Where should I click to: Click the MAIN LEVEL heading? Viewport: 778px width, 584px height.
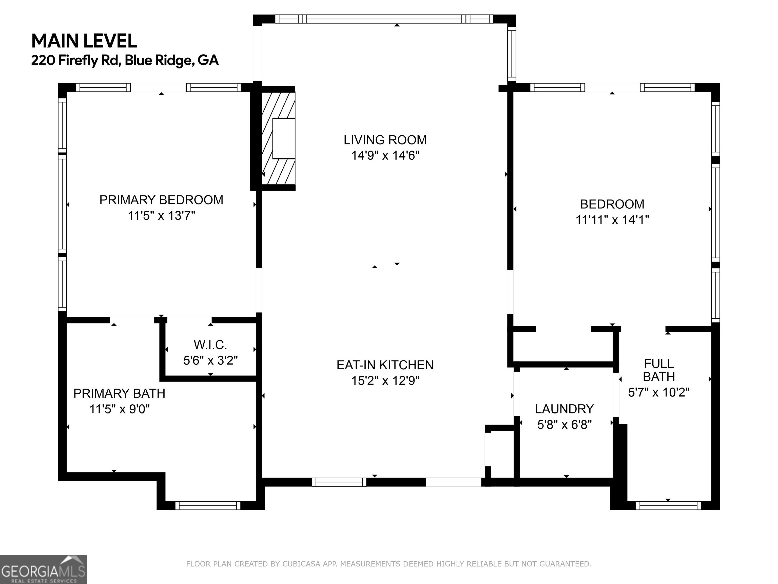pos(84,41)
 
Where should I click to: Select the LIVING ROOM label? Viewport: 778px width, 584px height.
pos(385,140)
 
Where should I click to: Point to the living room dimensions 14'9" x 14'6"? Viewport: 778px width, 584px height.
pos(385,155)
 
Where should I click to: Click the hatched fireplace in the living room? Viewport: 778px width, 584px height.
pos(278,138)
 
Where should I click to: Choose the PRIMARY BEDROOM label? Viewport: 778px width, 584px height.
pos(161,200)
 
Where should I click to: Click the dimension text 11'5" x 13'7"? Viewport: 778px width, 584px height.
pos(161,215)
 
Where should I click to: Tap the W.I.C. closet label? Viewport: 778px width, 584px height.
pos(210,345)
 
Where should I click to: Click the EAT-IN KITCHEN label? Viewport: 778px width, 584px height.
pos(385,365)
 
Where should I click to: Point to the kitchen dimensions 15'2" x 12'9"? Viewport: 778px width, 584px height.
pos(385,380)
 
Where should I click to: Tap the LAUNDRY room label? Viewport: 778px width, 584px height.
pos(565,409)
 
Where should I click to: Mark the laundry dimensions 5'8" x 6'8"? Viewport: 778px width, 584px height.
pos(565,425)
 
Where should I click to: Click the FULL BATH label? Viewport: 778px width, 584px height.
pos(659,370)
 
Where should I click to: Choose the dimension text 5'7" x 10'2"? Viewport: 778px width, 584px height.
pos(659,392)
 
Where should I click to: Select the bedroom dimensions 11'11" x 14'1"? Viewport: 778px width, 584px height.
pos(612,220)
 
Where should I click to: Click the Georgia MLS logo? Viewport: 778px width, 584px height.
pos(44,569)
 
